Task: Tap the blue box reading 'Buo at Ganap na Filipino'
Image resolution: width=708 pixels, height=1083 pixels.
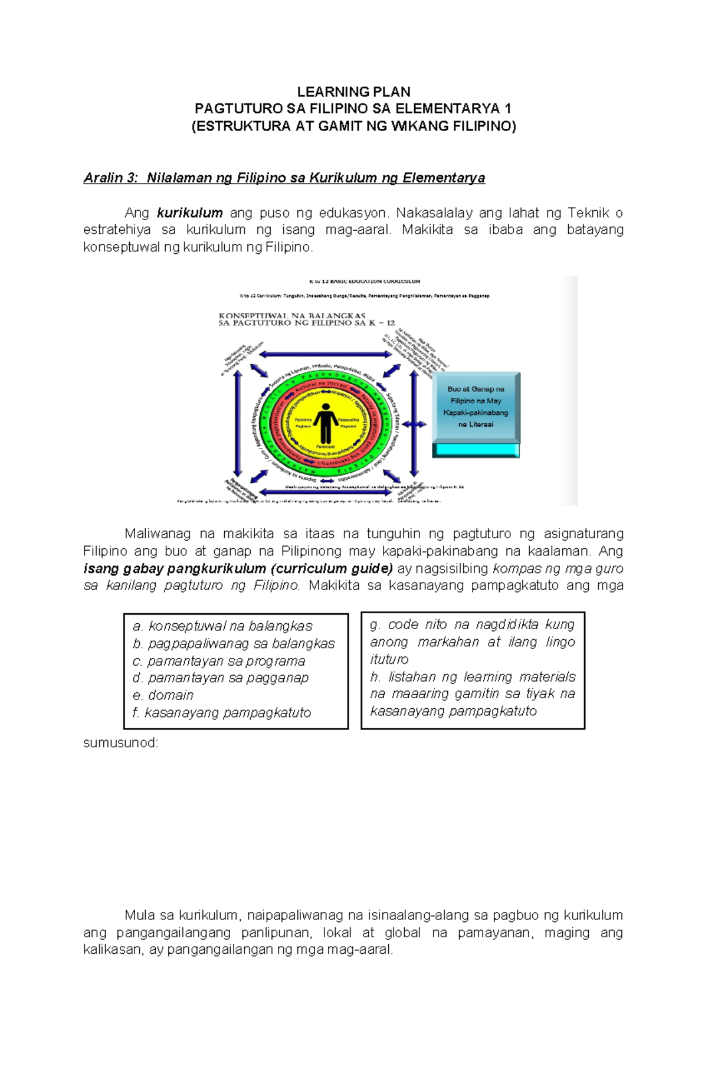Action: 476,407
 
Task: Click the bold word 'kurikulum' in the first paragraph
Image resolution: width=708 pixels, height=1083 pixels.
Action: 189,212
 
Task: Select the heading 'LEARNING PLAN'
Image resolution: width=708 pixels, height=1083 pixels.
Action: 353,91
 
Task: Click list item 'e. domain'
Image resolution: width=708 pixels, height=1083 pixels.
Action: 163,695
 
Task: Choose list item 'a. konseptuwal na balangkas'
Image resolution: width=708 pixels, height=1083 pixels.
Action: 222,626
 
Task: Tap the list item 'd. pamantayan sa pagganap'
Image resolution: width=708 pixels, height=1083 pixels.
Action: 221,678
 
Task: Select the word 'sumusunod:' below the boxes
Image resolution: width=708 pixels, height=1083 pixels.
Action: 121,742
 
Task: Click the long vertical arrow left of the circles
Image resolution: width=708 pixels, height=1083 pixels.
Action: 238,424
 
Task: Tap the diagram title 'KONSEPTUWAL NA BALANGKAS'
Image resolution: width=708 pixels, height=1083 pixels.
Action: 292,316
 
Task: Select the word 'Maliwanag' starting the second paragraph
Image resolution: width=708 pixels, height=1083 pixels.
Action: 158,534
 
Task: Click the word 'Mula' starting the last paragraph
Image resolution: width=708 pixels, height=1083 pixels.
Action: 139,915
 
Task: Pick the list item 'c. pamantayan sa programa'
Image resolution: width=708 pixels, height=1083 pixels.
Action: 219,660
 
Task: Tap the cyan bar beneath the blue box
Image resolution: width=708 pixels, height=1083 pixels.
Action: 476,450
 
